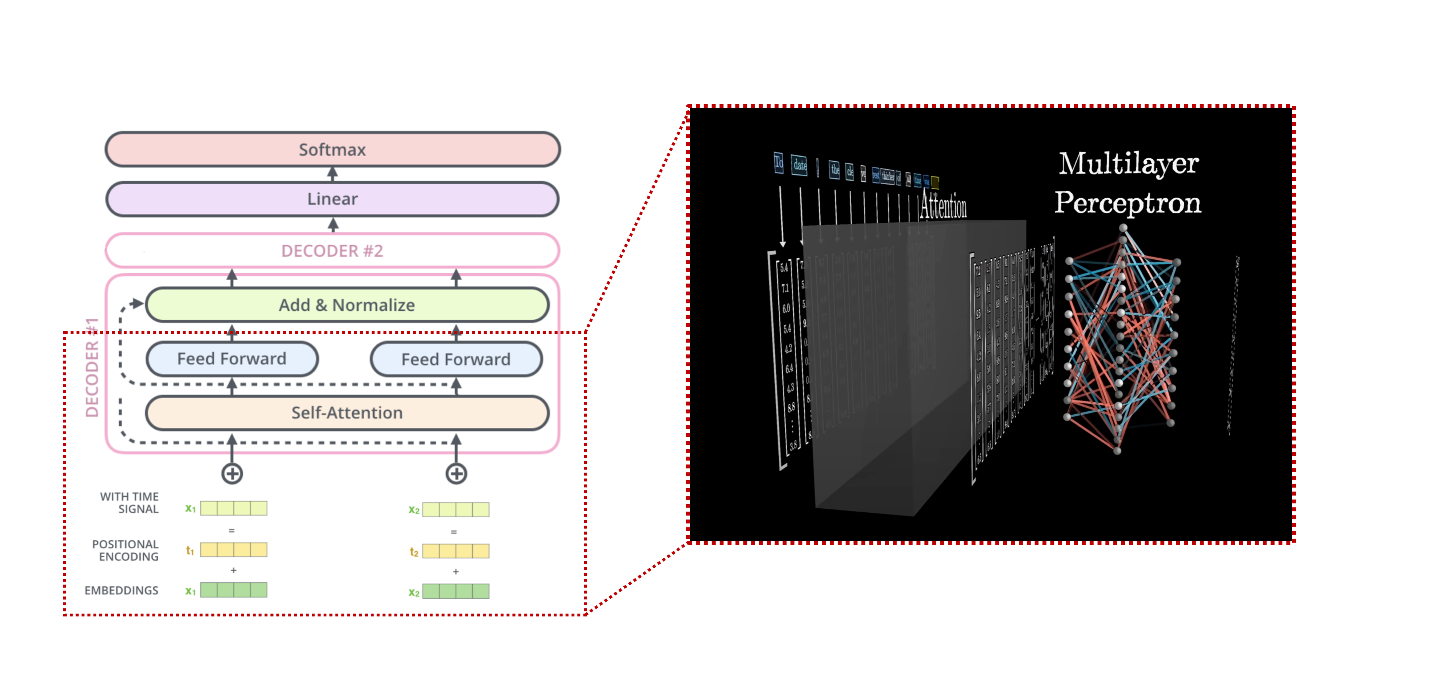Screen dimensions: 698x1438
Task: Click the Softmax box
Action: (x=332, y=149)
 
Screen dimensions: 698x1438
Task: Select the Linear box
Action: (x=332, y=199)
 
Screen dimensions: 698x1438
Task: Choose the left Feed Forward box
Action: (x=232, y=359)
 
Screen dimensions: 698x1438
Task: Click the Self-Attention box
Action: (x=347, y=413)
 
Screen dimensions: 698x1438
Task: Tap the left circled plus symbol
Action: (x=232, y=474)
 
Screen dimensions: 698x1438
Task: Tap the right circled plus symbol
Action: (x=456, y=474)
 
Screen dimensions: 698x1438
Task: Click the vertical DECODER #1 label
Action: (x=92, y=368)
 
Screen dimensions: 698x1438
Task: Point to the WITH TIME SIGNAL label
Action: (x=129, y=503)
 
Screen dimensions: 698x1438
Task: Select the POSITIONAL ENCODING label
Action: (x=125, y=550)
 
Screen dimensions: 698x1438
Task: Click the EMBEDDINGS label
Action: (x=122, y=590)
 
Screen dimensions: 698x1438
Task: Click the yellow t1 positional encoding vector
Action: (x=233, y=550)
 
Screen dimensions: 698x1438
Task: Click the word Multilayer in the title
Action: (x=1128, y=164)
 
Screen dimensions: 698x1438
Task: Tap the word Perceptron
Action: (x=1128, y=203)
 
